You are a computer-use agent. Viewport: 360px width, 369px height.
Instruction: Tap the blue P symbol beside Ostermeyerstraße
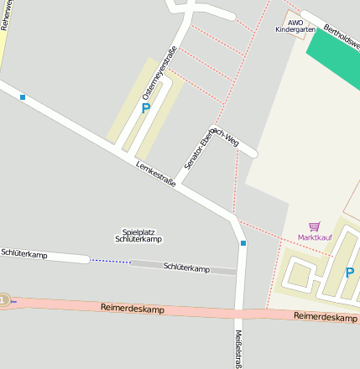coord(146,108)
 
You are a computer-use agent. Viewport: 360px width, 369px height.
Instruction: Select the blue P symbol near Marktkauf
coord(350,272)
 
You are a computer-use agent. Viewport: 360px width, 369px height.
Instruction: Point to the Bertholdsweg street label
coord(342,32)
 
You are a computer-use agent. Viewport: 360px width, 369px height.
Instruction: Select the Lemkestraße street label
coord(156,174)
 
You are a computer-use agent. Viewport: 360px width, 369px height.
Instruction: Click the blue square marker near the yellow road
coord(23,97)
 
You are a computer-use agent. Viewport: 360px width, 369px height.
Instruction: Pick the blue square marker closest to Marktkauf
coord(243,243)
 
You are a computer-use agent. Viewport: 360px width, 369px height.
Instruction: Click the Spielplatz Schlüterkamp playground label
coord(138,236)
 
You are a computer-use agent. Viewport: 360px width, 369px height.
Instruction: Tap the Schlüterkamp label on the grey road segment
coord(186,268)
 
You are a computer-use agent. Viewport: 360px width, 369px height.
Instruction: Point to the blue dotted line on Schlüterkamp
coord(111,262)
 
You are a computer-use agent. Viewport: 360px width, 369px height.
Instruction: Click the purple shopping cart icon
coord(315,226)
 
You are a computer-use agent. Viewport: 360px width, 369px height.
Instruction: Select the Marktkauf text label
coord(315,237)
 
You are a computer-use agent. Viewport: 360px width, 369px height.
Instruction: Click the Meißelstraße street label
coord(237,348)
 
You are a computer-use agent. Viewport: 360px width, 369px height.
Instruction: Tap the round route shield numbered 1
coord(3,300)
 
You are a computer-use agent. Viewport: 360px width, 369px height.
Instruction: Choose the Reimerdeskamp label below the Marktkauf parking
coord(326,318)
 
